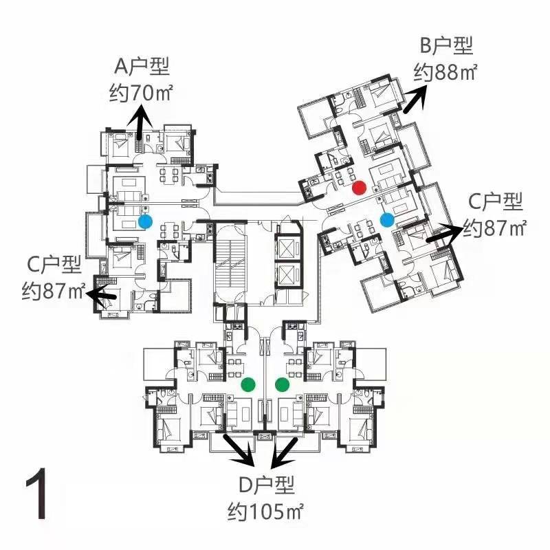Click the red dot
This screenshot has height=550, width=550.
tap(359, 187)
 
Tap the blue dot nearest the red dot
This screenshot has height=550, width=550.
tap(387, 220)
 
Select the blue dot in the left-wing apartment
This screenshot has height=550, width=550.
tap(145, 221)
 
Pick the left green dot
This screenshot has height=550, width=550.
tap(248, 384)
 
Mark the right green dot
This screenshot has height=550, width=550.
tap(283, 385)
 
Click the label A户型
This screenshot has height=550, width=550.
tap(142, 67)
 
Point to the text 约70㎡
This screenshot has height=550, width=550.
tap(141, 93)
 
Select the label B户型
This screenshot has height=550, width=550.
tap(446, 45)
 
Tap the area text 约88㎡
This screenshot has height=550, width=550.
tap(445, 73)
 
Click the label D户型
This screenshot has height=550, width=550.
tap(267, 485)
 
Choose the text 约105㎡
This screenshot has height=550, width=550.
tap(265, 512)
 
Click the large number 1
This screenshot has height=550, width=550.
tap(38, 494)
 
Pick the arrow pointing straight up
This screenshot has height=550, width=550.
tap(140, 124)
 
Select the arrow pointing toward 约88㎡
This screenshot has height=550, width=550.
tap(415, 100)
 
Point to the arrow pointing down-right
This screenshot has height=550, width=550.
tap(239, 450)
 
